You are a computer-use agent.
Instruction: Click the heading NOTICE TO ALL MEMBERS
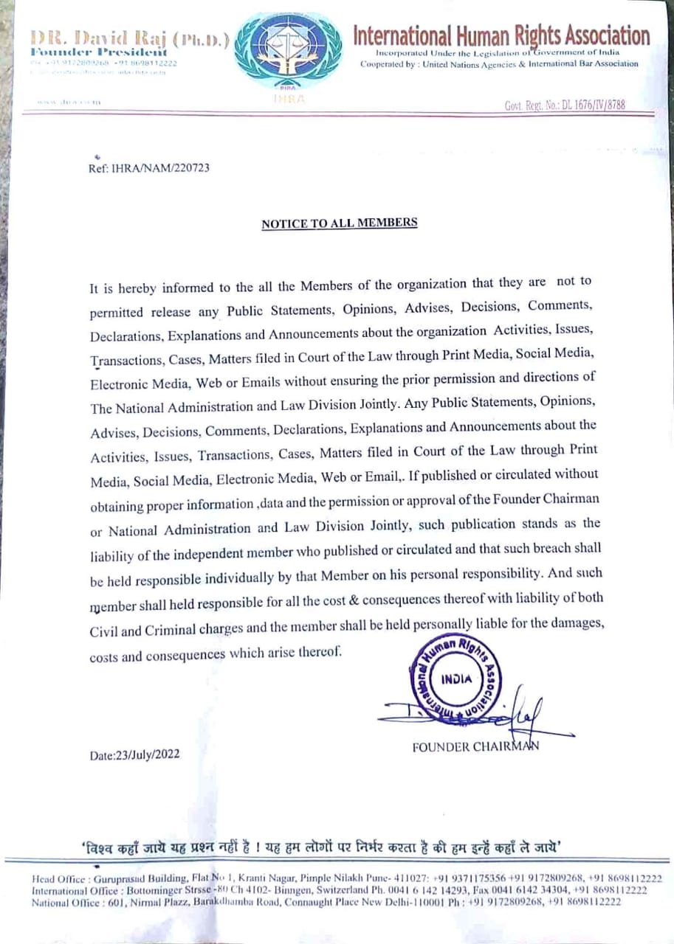pos(340,223)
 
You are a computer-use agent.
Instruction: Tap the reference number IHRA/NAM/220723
pos(161,168)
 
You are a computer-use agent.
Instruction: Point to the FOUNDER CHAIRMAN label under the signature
pos(475,746)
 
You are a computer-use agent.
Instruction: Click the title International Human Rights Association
pos(502,36)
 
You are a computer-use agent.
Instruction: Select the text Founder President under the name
pos(99,52)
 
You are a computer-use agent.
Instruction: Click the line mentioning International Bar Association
pos(500,63)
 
